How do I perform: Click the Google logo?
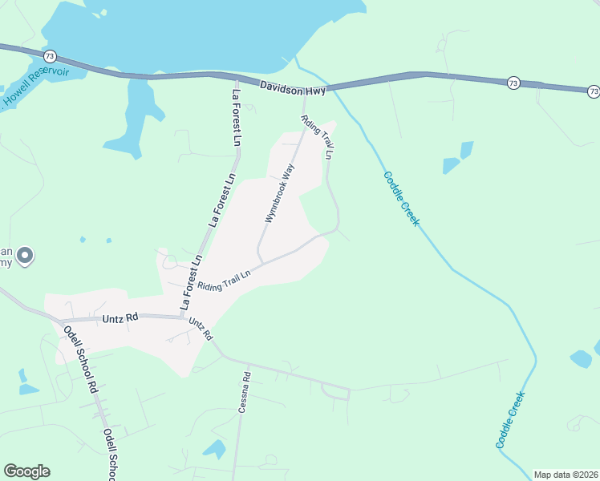pyautogui.click(x=26, y=471)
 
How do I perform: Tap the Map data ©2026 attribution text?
pyautogui.click(x=565, y=474)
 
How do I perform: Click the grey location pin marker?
pyautogui.click(x=25, y=256)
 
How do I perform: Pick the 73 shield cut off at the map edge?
pyautogui.click(x=593, y=91)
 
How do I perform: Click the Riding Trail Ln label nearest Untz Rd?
pyautogui.click(x=225, y=280)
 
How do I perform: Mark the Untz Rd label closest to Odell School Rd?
pyautogui.click(x=121, y=318)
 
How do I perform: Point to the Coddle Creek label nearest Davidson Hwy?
pyautogui.click(x=400, y=199)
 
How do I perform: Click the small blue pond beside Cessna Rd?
pyautogui.click(x=214, y=449)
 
